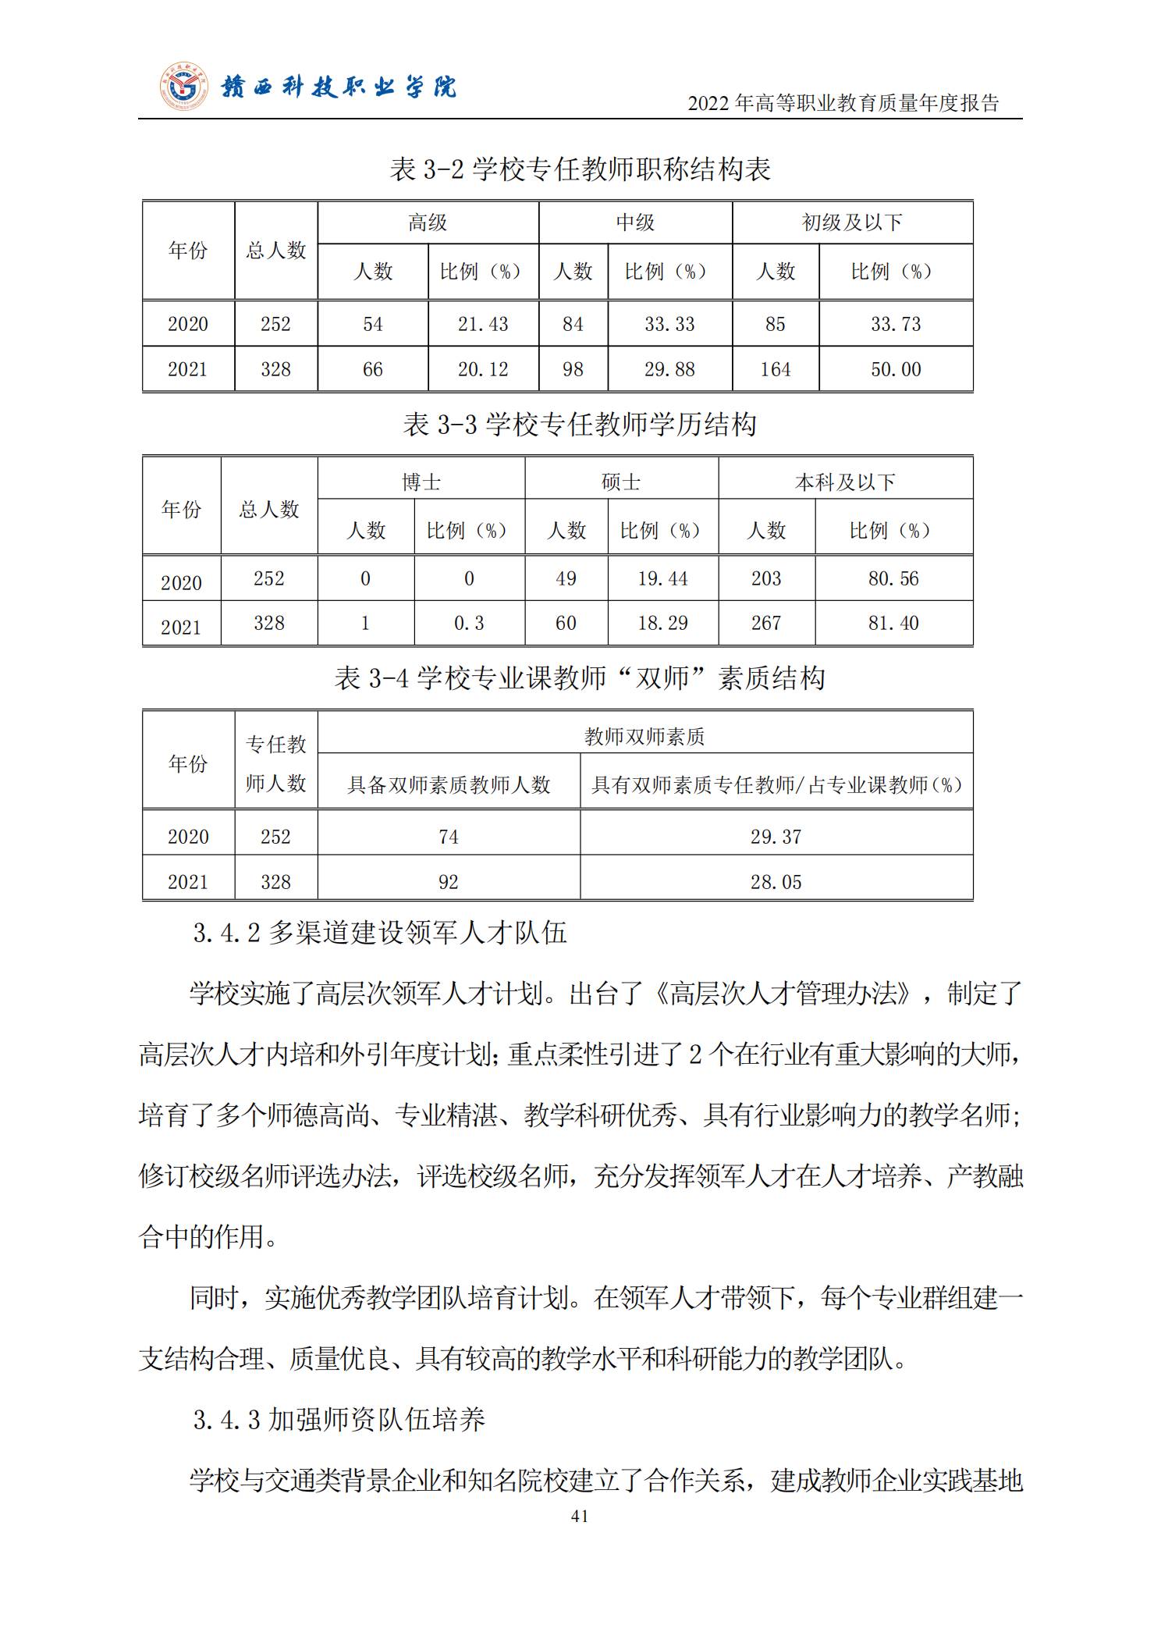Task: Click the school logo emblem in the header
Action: [x=185, y=87]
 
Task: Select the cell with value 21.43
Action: [x=483, y=324]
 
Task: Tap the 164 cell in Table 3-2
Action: [x=776, y=369]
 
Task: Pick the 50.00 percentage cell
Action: [x=896, y=369]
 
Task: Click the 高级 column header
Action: [x=428, y=223]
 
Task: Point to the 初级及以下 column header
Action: [x=852, y=223]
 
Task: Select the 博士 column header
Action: [x=421, y=482]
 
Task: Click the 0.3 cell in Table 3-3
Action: [x=469, y=623]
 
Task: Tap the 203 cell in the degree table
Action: [x=766, y=578]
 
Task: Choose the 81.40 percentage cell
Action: [x=893, y=623]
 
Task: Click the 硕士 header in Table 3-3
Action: [x=621, y=482]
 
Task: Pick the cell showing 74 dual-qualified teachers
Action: [x=449, y=837]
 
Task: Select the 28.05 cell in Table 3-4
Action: [x=776, y=882]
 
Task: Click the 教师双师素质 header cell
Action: [x=644, y=736]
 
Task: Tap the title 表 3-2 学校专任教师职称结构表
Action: [x=580, y=169]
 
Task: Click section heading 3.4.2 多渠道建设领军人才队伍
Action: [x=380, y=933]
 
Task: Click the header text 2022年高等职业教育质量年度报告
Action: [x=843, y=103]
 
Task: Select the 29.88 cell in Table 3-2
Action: [x=669, y=369]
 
